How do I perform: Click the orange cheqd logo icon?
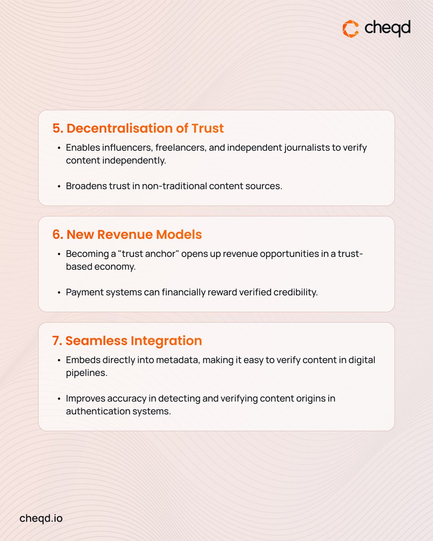[x=350, y=29]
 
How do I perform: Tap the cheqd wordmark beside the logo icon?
[x=387, y=29]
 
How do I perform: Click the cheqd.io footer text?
[x=41, y=518]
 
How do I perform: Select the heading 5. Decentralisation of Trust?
[x=138, y=128]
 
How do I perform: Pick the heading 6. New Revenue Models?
[x=127, y=234]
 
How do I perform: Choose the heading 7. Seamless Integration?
[x=127, y=341]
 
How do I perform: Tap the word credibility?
[x=295, y=292]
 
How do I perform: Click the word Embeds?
[x=81, y=360]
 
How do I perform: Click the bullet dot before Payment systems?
[x=59, y=293]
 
